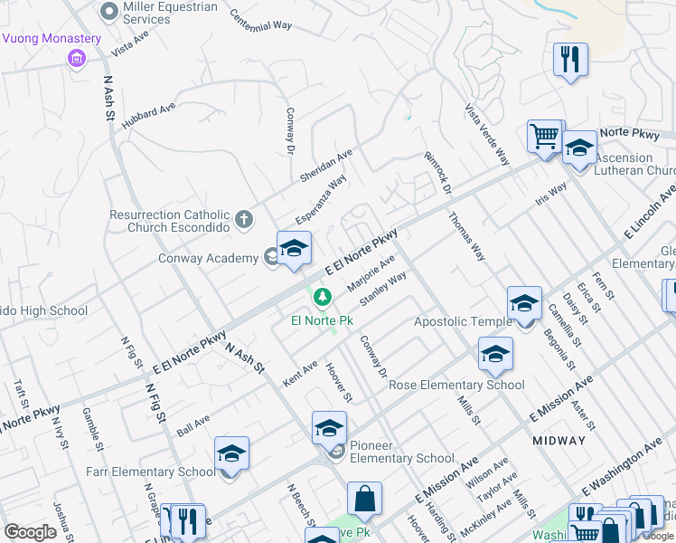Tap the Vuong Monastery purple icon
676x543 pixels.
coord(76,59)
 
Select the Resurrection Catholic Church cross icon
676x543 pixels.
coord(243,219)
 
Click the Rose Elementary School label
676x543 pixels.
coord(456,385)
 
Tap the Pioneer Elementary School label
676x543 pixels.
coord(402,452)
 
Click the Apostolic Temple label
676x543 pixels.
coord(463,321)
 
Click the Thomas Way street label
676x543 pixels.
coord(467,236)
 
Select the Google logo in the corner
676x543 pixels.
coord(31,532)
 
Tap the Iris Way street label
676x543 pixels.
coord(550,195)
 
